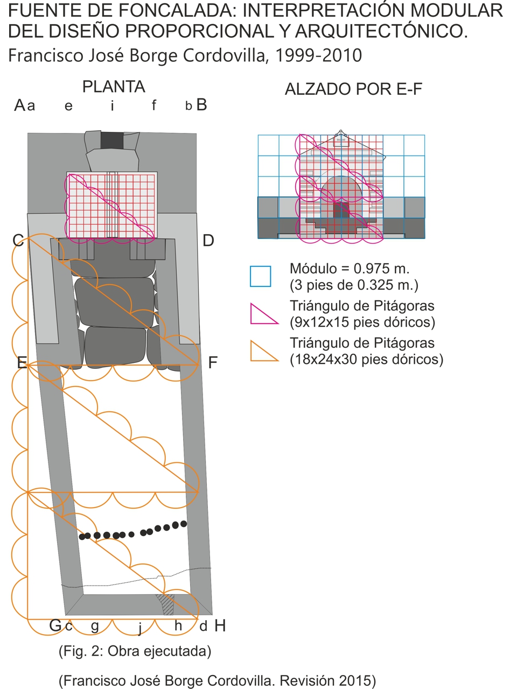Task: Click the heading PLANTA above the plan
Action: (114, 87)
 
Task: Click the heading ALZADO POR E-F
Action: (353, 89)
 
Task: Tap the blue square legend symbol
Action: (260, 276)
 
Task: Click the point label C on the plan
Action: (18, 240)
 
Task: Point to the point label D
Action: (208, 241)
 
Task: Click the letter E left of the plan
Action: (22, 362)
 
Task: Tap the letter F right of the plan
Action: (213, 362)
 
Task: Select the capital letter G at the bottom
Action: (55, 625)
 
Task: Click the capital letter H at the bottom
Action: (220, 625)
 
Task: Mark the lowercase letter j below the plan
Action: (140, 627)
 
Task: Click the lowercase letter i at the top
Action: (112, 106)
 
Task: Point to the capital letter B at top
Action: (201, 104)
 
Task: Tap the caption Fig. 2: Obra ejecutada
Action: (135, 651)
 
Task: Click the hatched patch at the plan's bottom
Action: (166, 604)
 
